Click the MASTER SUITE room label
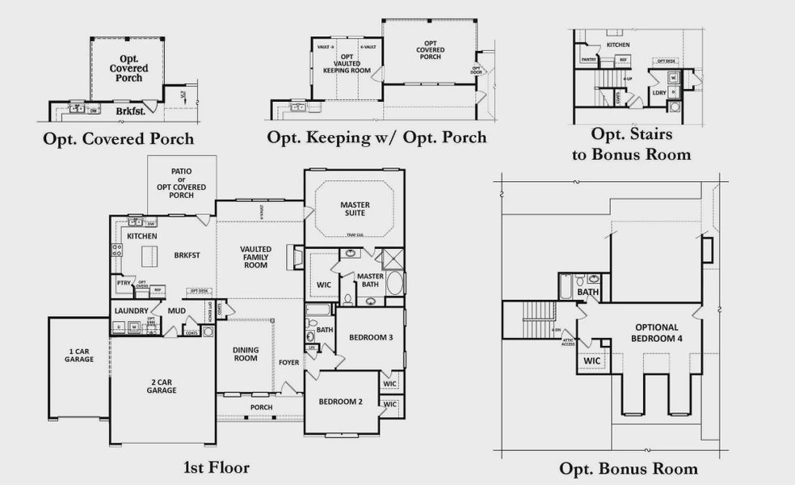tap(354, 209)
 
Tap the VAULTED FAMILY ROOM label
tap(256, 256)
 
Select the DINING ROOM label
tap(246, 353)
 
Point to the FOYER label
tap(289, 363)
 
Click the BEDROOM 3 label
tap(370, 337)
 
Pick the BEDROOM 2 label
tap(340, 402)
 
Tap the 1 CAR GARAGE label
tap(79, 355)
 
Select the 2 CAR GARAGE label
tap(162, 386)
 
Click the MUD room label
tap(176, 310)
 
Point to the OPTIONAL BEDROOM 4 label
tap(657, 333)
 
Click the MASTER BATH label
tap(370, 280)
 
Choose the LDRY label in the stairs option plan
tap(659, 93)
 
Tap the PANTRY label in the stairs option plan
tap(588, 59)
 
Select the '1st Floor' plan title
tap(217, 467)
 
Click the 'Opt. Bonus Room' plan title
tap(629, 468)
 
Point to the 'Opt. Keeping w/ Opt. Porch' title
tap(376, 137)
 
